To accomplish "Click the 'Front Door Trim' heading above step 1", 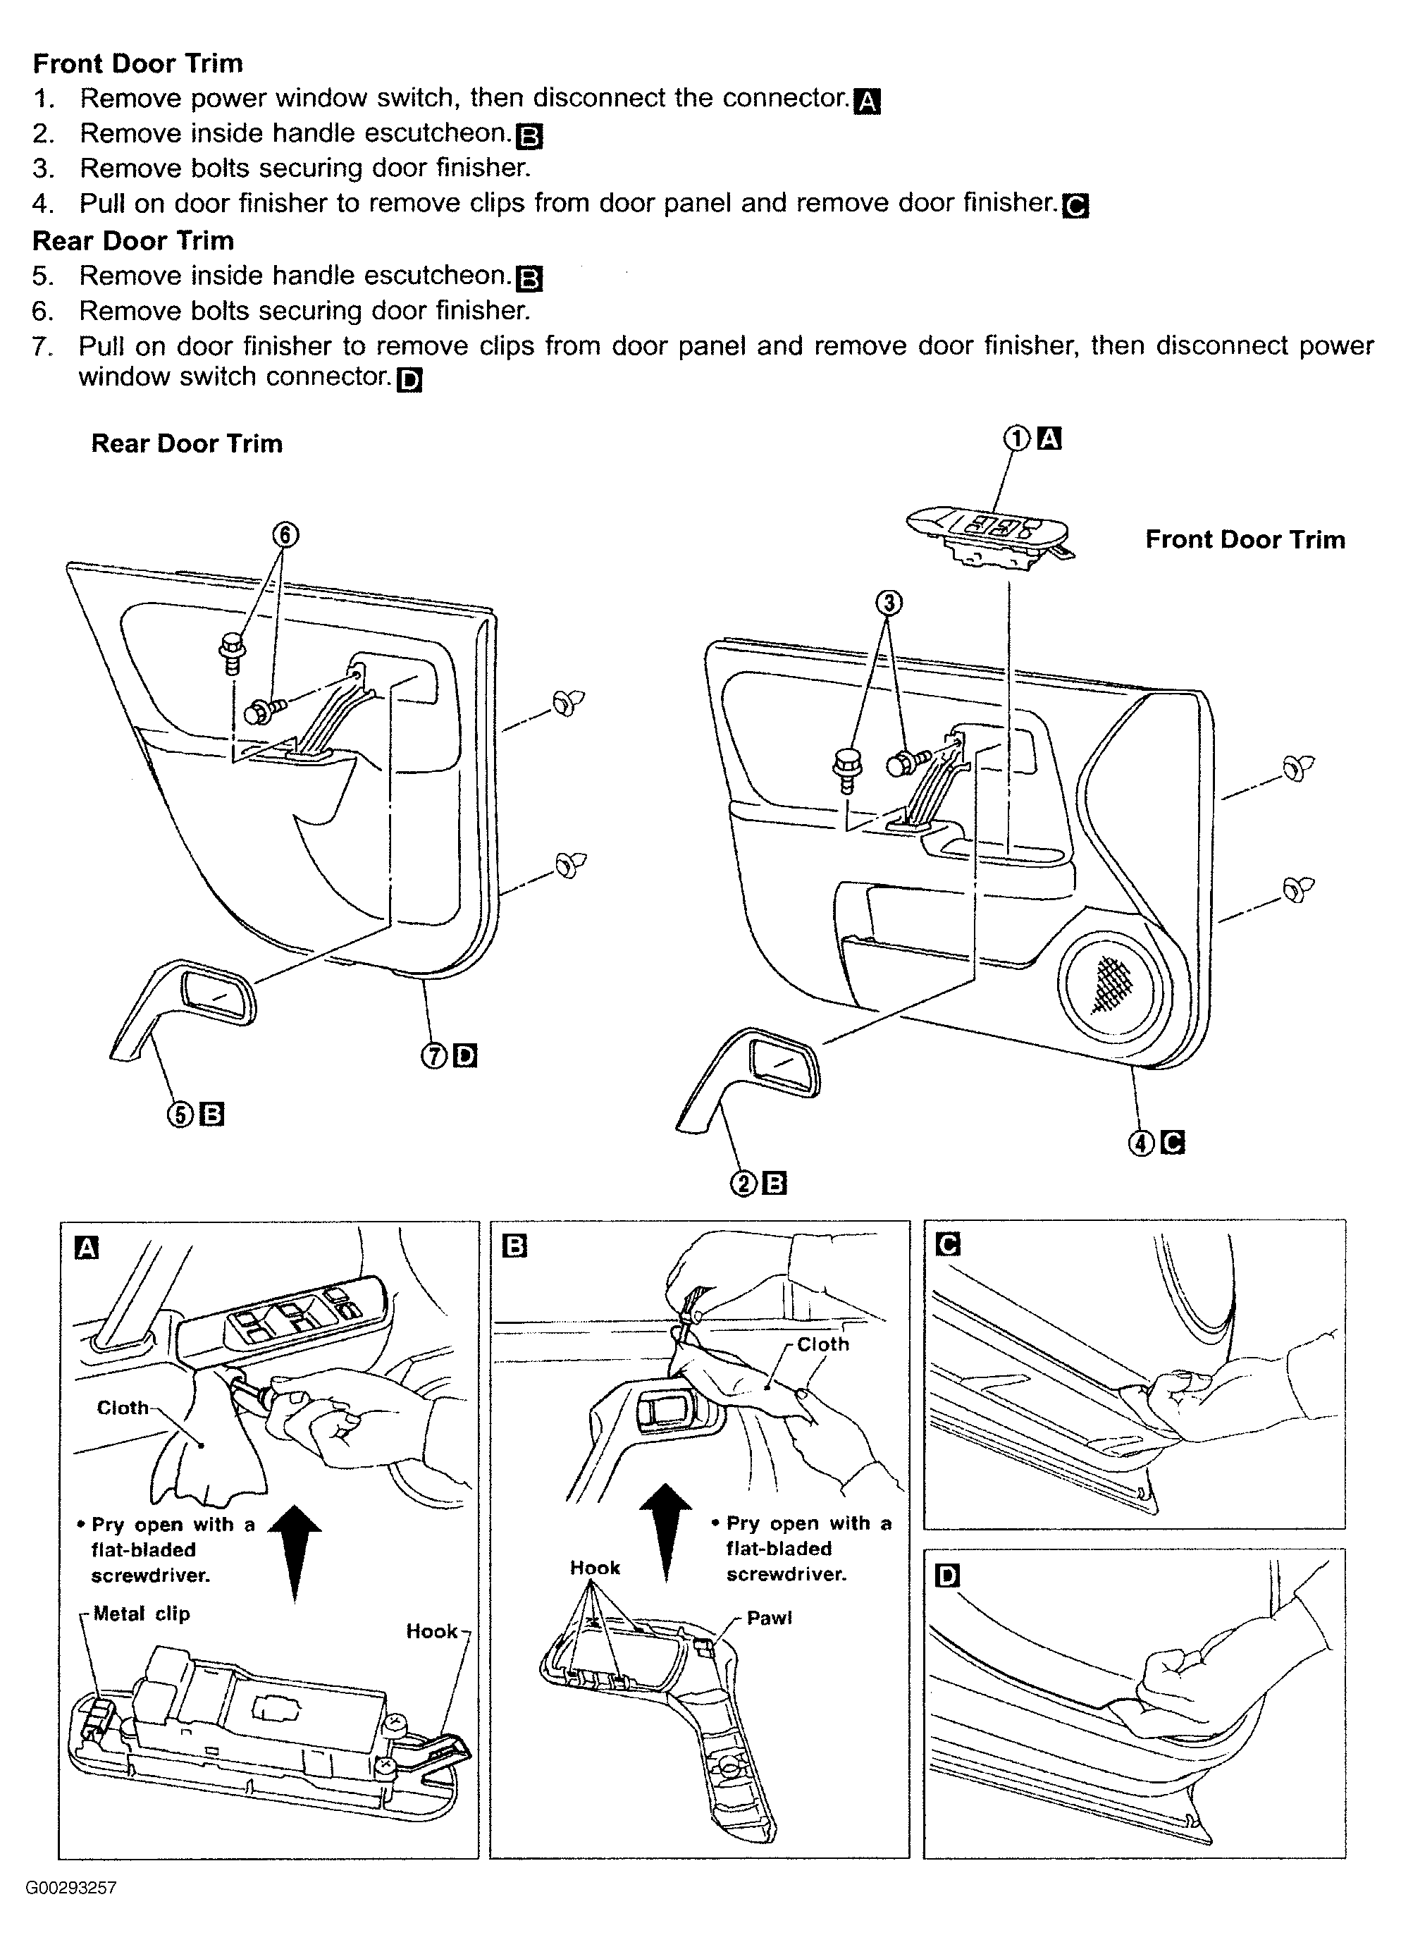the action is [x=137, y=63].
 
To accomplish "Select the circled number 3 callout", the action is [x=889, y=603].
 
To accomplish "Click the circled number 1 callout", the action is [x=1016, y=440].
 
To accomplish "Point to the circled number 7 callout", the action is [x=434, y=1056].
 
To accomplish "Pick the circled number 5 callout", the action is [x=180, y=1114].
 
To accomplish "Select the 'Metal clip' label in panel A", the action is [x=141, y=1614].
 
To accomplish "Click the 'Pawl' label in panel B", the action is [x=769, y=1619].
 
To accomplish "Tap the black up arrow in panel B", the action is [x=666, y=1533].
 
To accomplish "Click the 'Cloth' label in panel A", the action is [x=123, y=1408].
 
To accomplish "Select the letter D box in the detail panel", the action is [x=948, y=1577].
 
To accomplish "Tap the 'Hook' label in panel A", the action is [x=432, y=1631].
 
